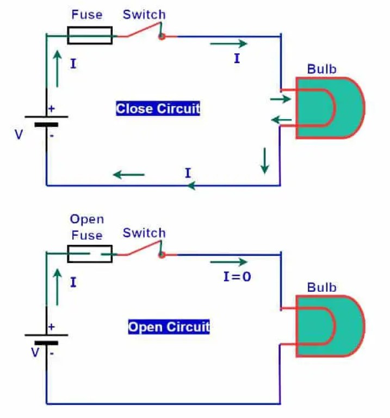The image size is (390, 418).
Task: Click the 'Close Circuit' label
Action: click(x=158, y=108)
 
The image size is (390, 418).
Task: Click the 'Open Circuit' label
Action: click(x=169, y=327)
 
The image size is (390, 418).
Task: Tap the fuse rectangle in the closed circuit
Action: click(x=90, y=36)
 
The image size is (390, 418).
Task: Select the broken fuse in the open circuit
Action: click(x=90, y=254)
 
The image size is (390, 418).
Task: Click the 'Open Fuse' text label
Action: click(x=86, y=227)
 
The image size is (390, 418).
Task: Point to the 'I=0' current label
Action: click(x=237, y=276)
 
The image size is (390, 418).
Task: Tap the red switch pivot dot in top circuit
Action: click(x=162, y=36)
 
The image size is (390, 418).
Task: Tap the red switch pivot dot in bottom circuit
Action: click(x=162, y=254)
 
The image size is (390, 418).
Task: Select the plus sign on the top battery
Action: click(x=52, y=109)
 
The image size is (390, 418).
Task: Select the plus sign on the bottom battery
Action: click(x=52, y=327)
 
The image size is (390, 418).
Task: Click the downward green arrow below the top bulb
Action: click(x=265, y=160)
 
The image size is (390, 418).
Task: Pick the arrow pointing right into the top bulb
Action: click(x=281, y=100)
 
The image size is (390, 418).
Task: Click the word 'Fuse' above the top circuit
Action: click(x=86, y=15)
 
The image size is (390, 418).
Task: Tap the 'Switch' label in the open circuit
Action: click(x=144, y=233)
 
